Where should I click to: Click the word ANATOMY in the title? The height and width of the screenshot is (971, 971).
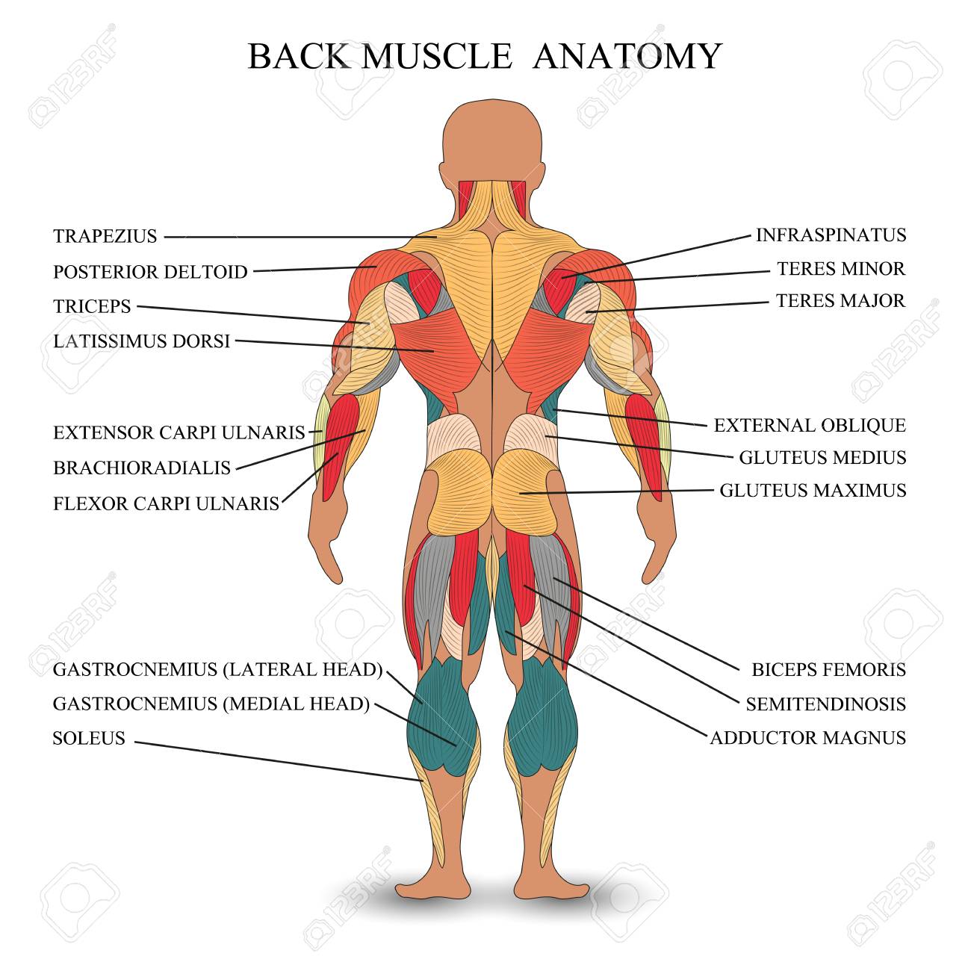627,57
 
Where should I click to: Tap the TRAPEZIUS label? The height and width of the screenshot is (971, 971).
105,236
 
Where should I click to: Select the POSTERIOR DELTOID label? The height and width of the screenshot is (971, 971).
150,272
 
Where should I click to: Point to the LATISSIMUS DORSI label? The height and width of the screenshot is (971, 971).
142,341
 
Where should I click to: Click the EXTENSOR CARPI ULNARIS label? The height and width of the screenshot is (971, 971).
179,433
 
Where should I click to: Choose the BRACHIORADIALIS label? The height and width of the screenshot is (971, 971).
142,468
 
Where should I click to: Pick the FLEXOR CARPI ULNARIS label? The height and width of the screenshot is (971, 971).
167,504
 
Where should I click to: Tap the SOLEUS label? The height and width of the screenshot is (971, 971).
89,738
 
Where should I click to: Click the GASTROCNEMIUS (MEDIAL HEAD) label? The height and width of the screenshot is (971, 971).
211,704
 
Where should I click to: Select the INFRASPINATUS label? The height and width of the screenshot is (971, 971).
831,235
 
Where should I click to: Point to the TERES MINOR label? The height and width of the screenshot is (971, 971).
841,269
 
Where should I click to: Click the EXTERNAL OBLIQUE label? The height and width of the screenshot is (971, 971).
810,426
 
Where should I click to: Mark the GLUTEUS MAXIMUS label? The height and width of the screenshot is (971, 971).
813,491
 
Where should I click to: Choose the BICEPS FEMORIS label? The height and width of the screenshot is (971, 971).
829,670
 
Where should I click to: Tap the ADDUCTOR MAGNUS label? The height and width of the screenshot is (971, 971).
807,738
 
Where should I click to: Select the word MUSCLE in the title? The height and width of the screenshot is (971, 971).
437,57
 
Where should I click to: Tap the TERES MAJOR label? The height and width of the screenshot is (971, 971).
840,301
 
